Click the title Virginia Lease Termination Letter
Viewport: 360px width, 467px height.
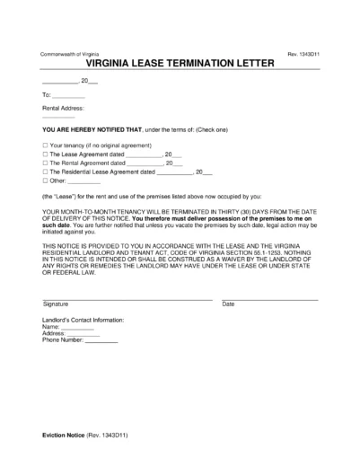(x=180, y=66)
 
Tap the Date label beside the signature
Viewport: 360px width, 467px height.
(x=228, y=304)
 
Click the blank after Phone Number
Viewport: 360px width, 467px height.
(x=101, y=341)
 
